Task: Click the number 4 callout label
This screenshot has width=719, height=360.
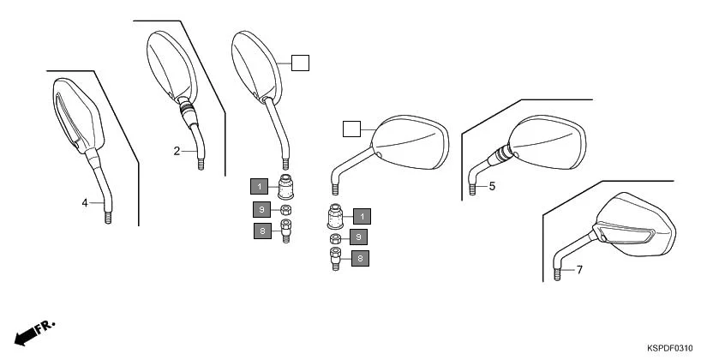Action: click(85, 202)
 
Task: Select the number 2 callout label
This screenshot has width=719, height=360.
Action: click(177, 151)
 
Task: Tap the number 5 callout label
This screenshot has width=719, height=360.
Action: click(492, 185)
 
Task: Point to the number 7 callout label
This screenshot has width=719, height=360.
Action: click(578, 270)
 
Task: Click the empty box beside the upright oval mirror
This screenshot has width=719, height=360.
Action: click(299, 63)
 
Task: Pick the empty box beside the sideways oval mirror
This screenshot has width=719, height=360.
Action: click(351, 129)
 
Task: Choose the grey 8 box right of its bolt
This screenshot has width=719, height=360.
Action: click(361, 257)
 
